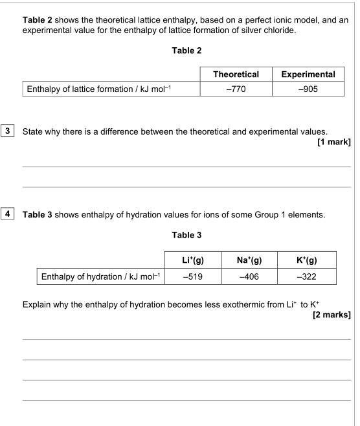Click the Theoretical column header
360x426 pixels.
236,74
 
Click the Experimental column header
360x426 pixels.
308,74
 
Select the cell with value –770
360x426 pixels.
236,89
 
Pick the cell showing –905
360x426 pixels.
308,89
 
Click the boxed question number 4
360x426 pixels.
8,214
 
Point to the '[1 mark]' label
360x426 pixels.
333,142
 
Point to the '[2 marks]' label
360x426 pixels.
332,315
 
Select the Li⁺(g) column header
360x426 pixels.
193,260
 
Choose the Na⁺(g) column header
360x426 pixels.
249,260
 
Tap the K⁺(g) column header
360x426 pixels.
306,260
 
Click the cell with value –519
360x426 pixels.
193,276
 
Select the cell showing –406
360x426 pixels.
249,276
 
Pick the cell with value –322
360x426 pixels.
306,276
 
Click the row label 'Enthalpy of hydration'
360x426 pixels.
100,276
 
